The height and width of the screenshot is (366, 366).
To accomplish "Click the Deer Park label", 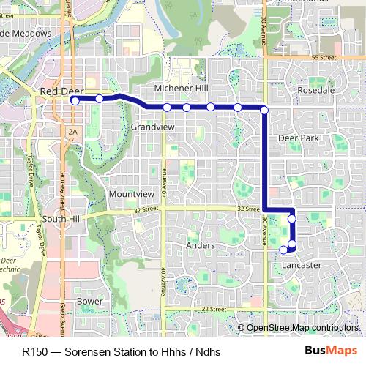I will coord(299,138).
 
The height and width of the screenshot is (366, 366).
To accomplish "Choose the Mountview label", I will coord(131,194).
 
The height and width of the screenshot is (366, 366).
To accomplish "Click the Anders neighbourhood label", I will coord(200,246).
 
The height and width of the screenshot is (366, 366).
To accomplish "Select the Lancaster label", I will coord(302,265).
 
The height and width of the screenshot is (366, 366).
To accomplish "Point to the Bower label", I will coord(90,301).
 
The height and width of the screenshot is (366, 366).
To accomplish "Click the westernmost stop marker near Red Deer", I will coord(75,101).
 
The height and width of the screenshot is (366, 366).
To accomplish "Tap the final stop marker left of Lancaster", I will coord(283,250).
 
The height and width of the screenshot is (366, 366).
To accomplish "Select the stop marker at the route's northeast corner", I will coord(264,110).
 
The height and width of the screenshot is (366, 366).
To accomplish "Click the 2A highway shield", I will coord(72,131).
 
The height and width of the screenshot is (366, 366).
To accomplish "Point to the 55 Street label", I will coord(323,56).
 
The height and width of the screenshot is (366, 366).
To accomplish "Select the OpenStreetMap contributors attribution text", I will coord(302,327).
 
